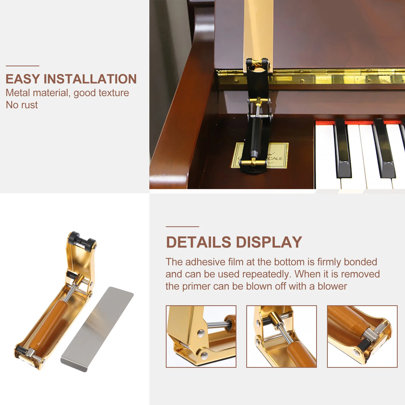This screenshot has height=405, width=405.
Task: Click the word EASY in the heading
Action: coord(23,79)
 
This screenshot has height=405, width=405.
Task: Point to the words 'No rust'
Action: coord(22,105)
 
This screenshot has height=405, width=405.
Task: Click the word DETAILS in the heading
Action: coord(198,242)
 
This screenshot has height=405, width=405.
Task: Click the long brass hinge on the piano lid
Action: coord(329,77)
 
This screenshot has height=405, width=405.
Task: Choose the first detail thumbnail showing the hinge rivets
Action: coord(201,336)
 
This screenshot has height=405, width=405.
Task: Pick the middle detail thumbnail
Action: coord(281,336)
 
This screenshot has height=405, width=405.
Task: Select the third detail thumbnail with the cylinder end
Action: coord(362,336)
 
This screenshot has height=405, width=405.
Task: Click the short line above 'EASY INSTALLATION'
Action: coord(22,66)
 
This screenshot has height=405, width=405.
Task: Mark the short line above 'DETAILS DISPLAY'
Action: coord(182,227)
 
